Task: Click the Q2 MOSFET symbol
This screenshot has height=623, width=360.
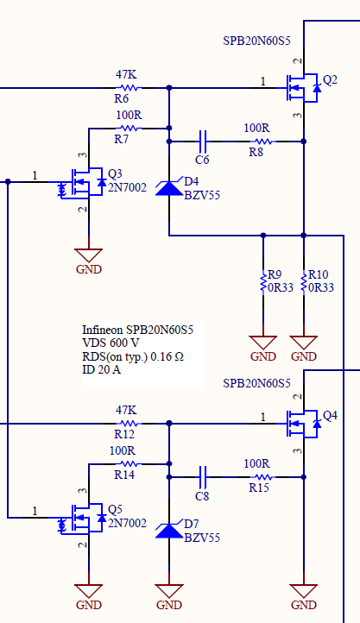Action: [303, 88]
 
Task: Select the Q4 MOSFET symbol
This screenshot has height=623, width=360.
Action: [303, 424]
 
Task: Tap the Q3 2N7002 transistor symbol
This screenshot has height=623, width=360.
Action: [83, 182]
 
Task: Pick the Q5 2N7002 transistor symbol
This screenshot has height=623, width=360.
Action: [83, 518]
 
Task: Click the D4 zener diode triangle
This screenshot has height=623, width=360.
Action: [169, 188]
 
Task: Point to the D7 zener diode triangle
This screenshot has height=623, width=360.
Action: [169, 531]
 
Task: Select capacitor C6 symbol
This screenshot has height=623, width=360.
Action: [203, 141]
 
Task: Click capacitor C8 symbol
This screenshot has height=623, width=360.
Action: [203, 477]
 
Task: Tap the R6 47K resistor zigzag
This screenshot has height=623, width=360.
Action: [129, 88]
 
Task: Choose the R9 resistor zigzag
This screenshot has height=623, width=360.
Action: [263, 281]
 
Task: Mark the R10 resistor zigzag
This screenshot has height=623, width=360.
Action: [304, 281]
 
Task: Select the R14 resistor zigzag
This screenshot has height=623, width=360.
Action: [129, 463]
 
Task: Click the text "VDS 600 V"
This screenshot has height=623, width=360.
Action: [111, 343]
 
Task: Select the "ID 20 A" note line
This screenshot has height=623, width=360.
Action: [101, 369]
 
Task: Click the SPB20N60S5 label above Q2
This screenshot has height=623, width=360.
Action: [256, 41]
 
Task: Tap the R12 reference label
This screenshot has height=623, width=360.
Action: [124, 435]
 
